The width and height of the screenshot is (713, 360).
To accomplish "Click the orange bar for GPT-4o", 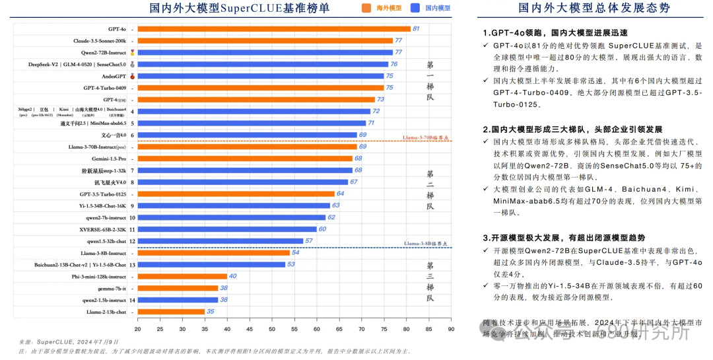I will (x=274, y=29).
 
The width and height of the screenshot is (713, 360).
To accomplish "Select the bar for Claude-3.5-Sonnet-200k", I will (x=265, y=41).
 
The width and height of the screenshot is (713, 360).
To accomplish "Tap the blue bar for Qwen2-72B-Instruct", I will (x=265, y=52).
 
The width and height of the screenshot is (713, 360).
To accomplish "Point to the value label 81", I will (x=416, y=29).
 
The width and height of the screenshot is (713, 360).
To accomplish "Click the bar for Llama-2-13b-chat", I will (x=171, y=311).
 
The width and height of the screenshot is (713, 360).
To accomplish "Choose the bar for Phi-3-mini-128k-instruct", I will (x=182, y=276).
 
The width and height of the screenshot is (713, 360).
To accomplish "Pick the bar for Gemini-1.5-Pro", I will (x=245, y=159).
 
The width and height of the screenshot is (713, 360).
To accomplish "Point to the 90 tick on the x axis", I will (x=451, y=328).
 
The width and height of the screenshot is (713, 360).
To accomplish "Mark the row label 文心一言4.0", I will (x=112, y=135).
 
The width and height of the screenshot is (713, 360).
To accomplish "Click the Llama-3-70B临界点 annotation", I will (x=426, y=138).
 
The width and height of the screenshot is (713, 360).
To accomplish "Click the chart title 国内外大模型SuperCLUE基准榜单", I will (x=239, y=9).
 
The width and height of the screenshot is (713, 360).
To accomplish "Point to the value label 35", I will (x=210, y=311).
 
